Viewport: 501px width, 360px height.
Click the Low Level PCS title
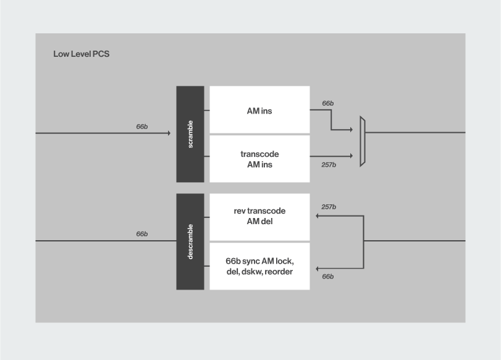pos(81,54)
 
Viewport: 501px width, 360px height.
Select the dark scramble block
pos(190,134)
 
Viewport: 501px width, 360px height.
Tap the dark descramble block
pos(190,241)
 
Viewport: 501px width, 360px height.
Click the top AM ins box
pos(259,109)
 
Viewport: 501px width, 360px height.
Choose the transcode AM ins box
pos(259,159)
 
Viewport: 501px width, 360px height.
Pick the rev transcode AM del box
pos(259,217)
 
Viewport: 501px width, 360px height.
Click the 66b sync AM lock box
pos(259,266)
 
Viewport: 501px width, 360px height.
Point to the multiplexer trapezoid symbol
pos(363,141)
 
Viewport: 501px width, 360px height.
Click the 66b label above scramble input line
pos(142,127)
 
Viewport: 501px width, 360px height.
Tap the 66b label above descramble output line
pos(142,234)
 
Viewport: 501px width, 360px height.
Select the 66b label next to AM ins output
pos(328,103)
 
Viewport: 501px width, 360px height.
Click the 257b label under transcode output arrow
pos(329,165)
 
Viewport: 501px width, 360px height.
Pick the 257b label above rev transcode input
pos(329,207)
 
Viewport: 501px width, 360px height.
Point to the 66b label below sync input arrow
pos(328,277)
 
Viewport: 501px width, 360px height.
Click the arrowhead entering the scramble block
pos(169,133)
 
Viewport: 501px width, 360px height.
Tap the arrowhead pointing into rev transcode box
pos(317,216)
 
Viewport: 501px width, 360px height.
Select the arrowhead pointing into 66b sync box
pos(317,269)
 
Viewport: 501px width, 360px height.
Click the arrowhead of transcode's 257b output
pos(352,156)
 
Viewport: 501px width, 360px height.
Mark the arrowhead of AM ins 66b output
pos(352,130)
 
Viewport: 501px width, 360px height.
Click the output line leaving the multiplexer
pos(415,132)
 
